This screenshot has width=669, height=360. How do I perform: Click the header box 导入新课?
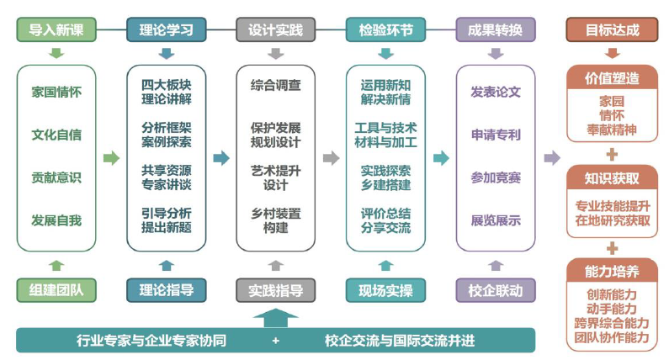(x=56, y=30)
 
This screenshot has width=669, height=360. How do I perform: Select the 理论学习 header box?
(x=166, y=30)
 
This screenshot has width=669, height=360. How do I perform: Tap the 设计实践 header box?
(x=275, y=30)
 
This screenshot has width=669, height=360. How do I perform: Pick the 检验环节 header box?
(x=385, y=30)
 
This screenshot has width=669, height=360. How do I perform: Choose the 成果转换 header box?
(x=495, y=30)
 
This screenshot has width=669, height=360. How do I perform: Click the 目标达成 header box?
(x=612, y=30)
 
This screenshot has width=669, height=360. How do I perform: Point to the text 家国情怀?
(x=56, y=90)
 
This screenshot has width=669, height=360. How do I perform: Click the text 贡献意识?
(x=56, y=177)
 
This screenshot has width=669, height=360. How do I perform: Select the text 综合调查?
(x=275, y=86)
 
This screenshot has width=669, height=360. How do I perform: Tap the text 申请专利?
(x=495, y=135)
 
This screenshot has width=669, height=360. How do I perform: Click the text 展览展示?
(x=495, y=221)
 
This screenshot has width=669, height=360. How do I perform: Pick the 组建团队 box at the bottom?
(x=56, y=291)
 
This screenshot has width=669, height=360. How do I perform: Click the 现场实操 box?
(x=385, y=291)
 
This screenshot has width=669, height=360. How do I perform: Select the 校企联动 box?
(x=495, y=291)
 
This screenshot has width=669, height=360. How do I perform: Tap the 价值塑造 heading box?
(x=612, y=78)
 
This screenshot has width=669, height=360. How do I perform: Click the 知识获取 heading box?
(x=612, y=177)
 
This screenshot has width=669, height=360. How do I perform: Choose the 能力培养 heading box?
(x=612, y=272)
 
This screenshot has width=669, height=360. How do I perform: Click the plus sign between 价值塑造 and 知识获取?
(x=612, y=154)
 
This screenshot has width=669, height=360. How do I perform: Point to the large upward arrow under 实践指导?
(x=275, y=318)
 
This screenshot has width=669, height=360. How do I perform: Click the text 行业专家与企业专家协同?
(x=151, y=341)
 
